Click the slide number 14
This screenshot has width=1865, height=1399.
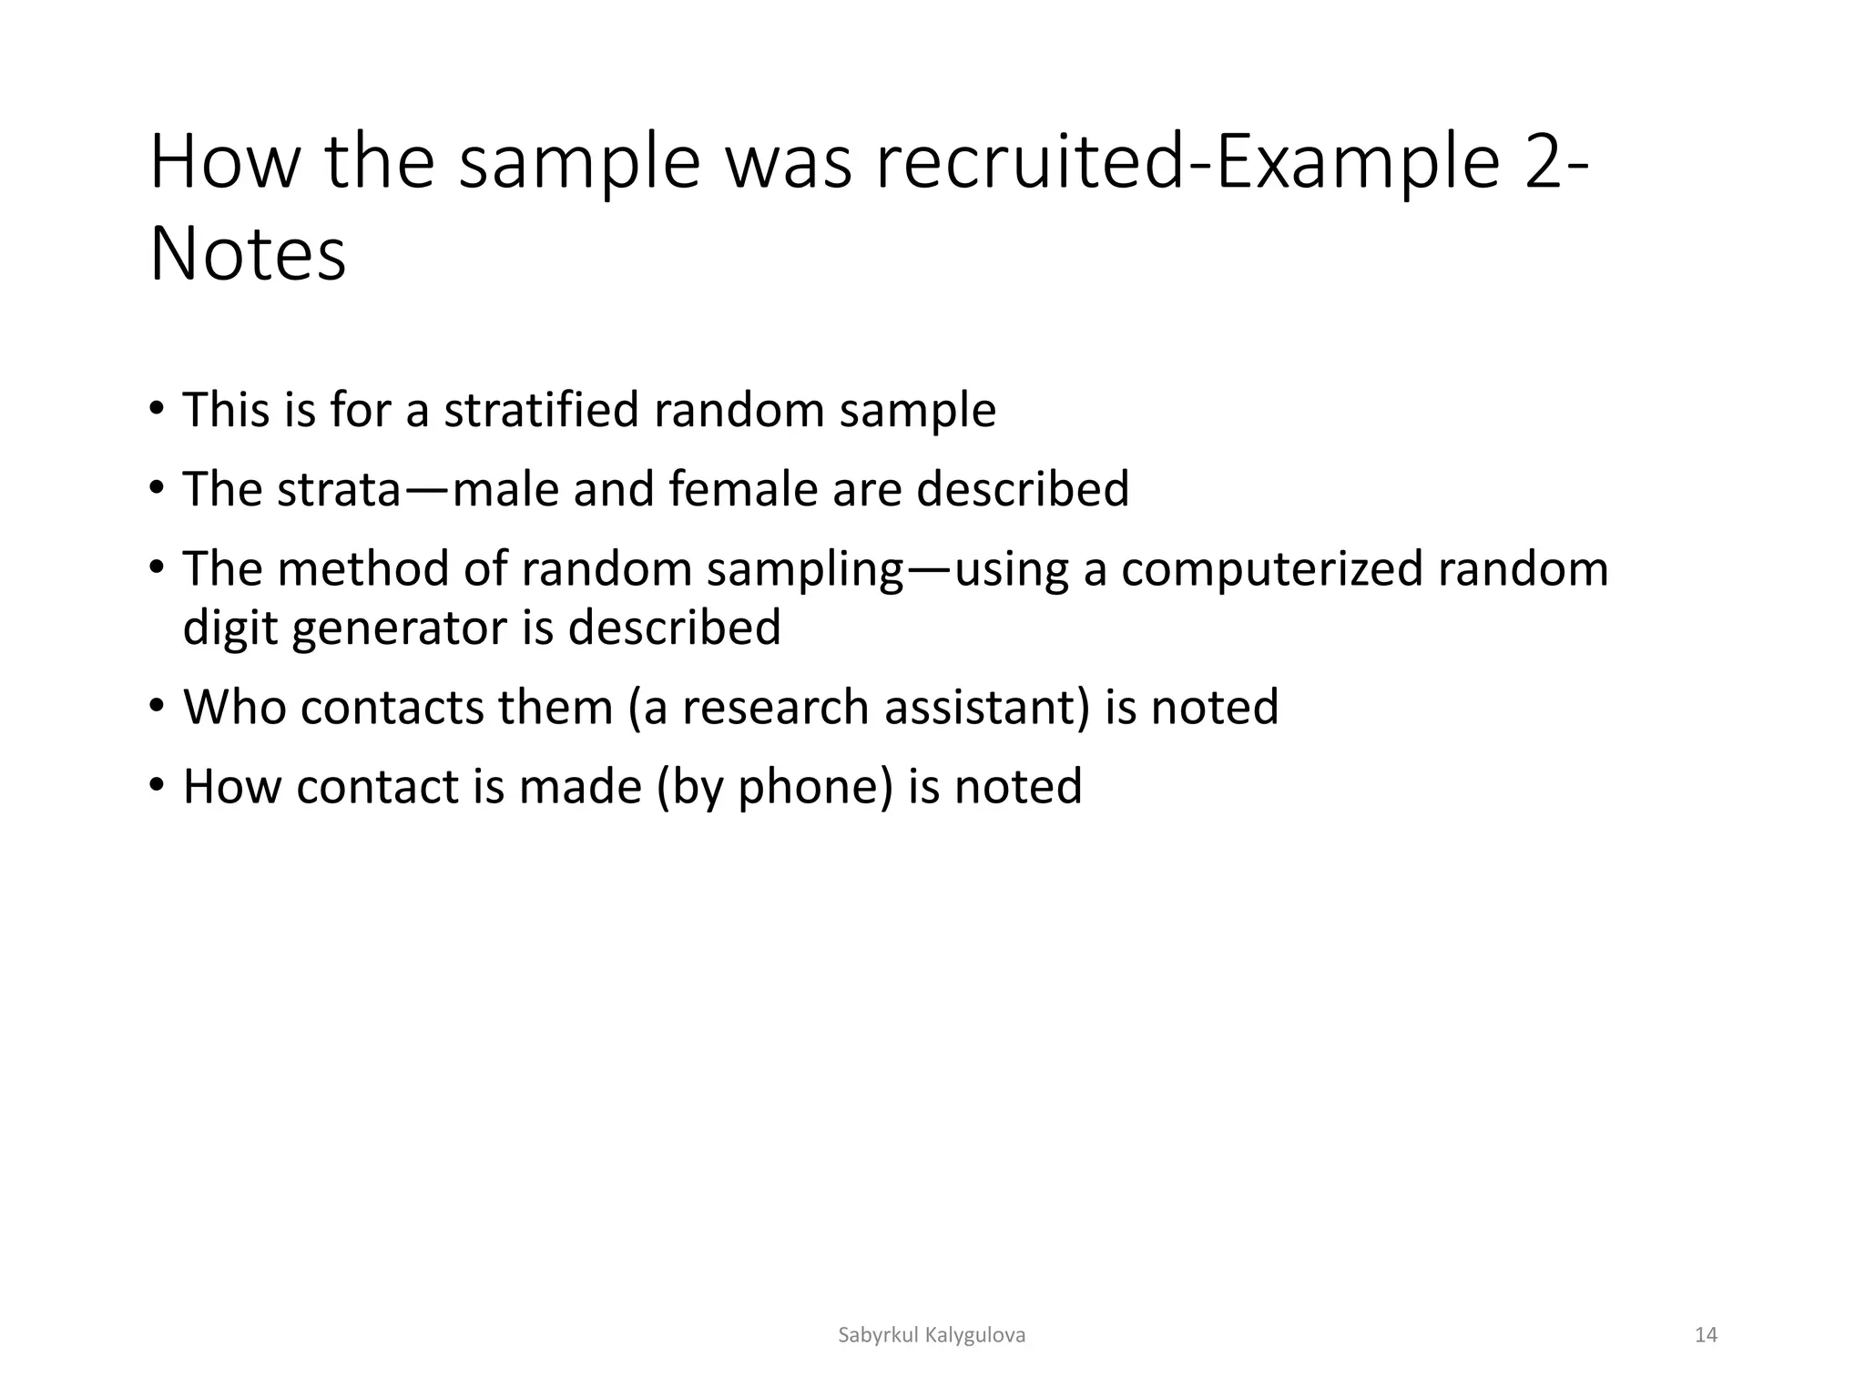[1706, 1335]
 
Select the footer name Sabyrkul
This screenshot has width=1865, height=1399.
[878, 1335]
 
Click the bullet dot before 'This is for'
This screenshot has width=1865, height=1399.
[158, 407]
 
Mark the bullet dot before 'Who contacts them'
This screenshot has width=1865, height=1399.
[158, 705]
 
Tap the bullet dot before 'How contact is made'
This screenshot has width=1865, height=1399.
[158, 784]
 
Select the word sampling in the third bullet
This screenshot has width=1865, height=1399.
[804, 570]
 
